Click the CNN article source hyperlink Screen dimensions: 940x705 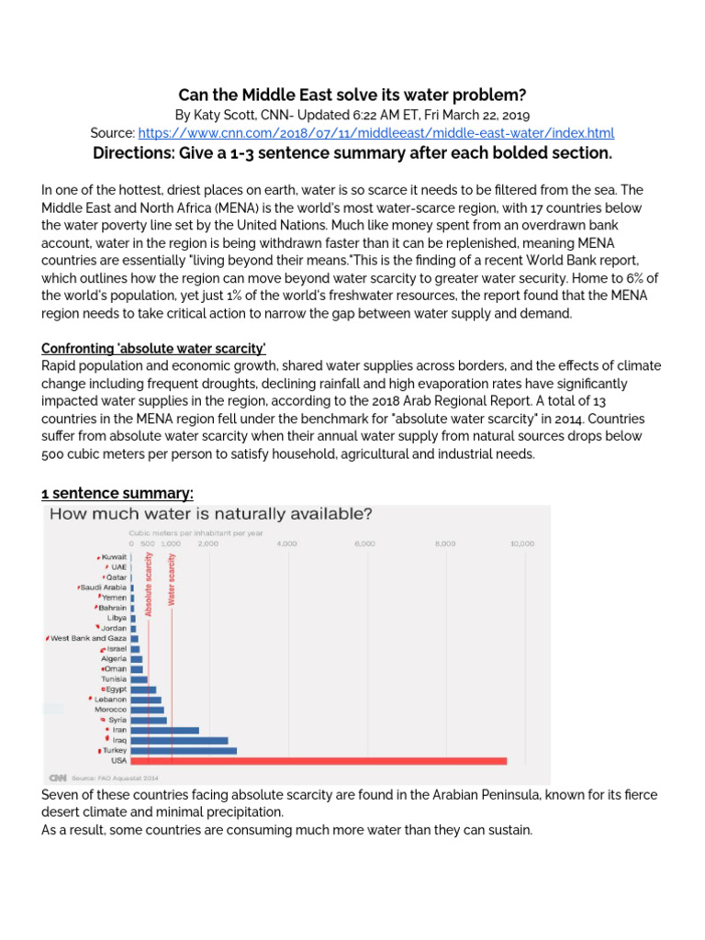pyautogui.click(x=376, y=133)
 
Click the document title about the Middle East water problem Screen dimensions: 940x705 pyautogui.click(x=352, y=95)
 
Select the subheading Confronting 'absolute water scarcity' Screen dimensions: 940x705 pyautogui.click(x=153, y=348)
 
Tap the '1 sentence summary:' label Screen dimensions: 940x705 pyautogui.click(x=117, y=493)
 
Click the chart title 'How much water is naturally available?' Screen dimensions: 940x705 pyautogui.click(x=210, y=514)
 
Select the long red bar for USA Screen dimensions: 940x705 pyautogui.click(x=319, y=760)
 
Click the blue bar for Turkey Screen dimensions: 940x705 pyautogui.click(x=184, y=750)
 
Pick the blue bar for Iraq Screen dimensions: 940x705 pyautogui.click(x=179, y=740)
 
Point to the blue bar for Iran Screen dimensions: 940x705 pyautogui.click(x=164, y=730)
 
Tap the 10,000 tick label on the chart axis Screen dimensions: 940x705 pyautogui.click(x=521, y=543)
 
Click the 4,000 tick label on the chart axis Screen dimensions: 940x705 pyautogui.click(x=287, y=543)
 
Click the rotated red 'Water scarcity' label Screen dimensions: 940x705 pyautogui.click(x=171, y=579)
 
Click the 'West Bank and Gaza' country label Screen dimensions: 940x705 pyautogui.click(x=88, y=638)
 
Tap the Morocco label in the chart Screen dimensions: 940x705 pyautogui.click(x=110, y=710)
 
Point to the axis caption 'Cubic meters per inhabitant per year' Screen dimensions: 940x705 pyautogui.click(x=184, y=533)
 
